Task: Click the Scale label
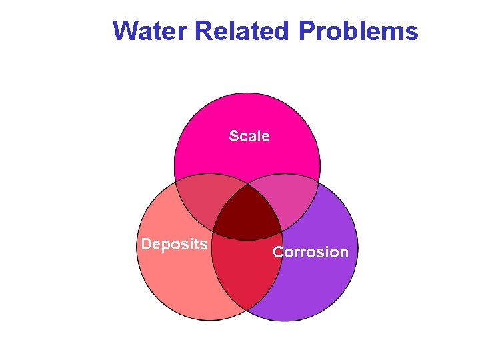point(249,136)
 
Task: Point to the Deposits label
point(174,244)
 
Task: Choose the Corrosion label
point(311,252)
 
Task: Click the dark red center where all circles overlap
point(247,212)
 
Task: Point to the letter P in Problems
point(307,31)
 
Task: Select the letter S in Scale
point(233,136)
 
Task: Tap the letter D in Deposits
point(146,244)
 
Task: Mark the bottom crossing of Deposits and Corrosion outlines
point(247,311)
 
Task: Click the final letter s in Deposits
point(203,244)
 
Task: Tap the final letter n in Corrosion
point(344,252)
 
